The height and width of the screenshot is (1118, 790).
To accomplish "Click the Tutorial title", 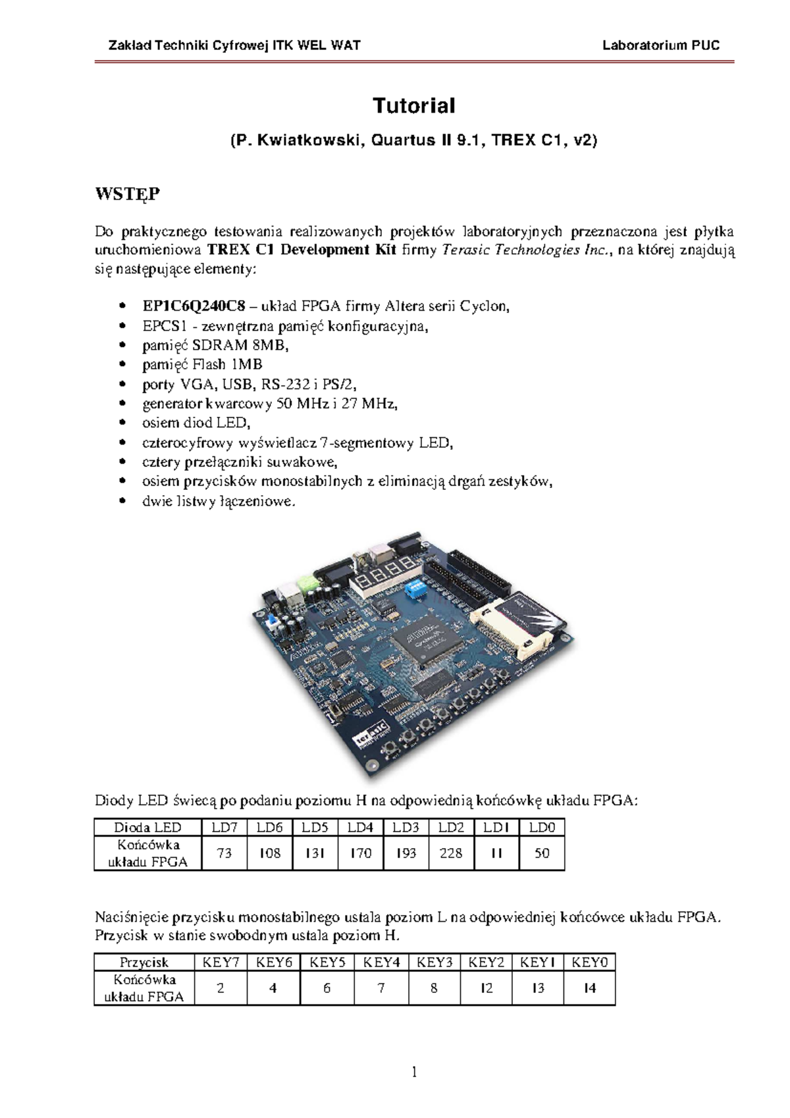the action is point(413,105).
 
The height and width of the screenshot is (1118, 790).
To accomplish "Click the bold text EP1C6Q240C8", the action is point(194,306).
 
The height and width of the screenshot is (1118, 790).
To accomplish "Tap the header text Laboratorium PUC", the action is point(661,45).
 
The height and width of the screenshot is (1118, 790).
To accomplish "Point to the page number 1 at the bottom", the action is point(414,1073).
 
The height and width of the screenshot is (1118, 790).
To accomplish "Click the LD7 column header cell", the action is point(224,827).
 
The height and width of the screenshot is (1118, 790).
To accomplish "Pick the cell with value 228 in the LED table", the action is point(451,853).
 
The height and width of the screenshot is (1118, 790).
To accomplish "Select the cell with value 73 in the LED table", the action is point(224,853).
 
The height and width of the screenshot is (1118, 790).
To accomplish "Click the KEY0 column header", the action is point(589,962).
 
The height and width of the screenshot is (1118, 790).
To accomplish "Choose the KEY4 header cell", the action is point(382,962).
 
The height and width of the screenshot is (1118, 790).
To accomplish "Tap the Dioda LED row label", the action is point(147,827).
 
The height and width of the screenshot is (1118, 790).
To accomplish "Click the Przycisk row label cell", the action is point(144,962).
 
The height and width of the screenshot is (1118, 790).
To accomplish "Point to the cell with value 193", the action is point(406,853).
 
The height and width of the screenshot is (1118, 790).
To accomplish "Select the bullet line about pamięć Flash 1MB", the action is point(202,364).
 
